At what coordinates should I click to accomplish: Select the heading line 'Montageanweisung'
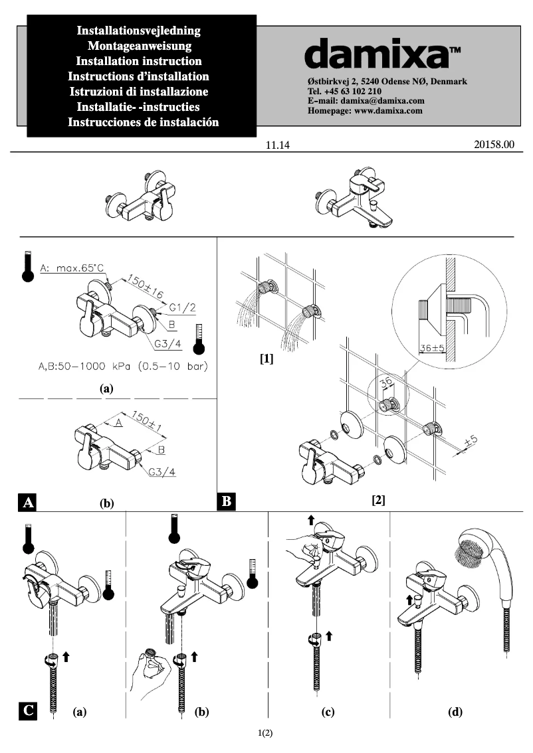[140, 46]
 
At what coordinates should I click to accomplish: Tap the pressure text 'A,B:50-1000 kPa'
[86, 366]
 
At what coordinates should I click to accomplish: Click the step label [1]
[266, 359]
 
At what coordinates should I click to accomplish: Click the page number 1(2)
[266, 733]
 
